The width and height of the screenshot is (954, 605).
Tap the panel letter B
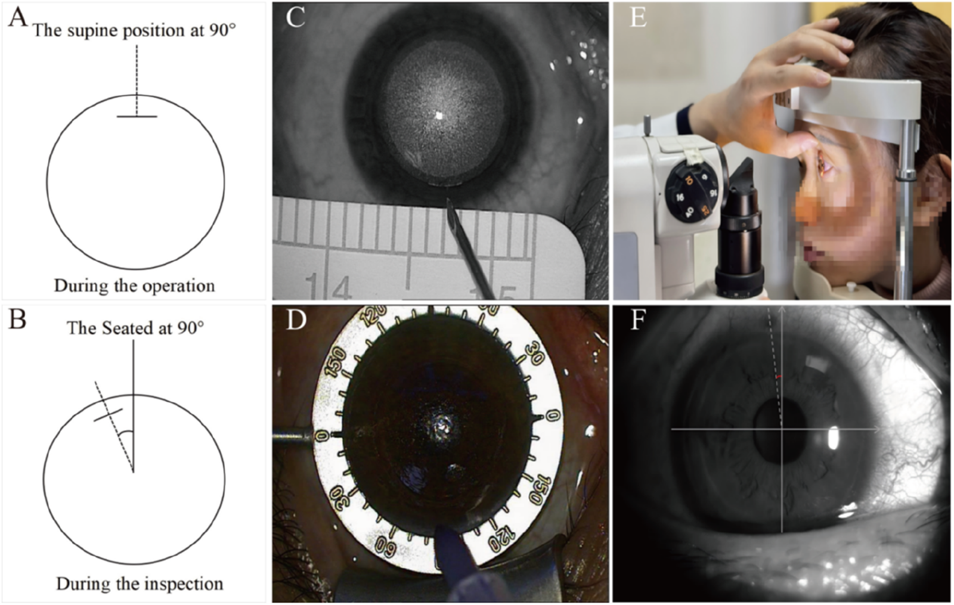pyautogui.click(x=17, y=319)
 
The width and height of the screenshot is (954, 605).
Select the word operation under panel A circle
pyautogui.click(x=178, y=286)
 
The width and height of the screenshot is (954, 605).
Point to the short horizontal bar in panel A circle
pyautogui.click(x=137, y=116)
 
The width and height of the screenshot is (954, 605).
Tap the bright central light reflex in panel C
pyautogui.click(x=438, y=116)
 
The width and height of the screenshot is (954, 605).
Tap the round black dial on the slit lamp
pyautogui.click(x=690, y=191)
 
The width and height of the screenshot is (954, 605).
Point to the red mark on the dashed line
pyautogui.click(x=778, y=377)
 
